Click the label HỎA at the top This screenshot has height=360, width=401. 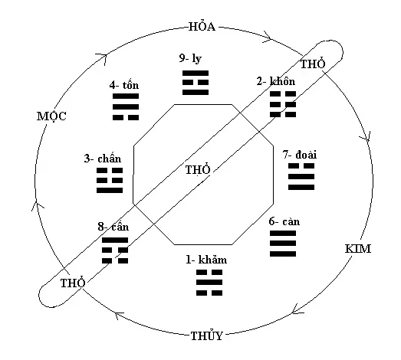[x=202, y=27]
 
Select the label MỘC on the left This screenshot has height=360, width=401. [x=51, y=116]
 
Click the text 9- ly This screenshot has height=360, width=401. [x=196, y=60]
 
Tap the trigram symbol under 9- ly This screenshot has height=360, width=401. [x=196, y=83]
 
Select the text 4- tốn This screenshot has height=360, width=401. [x=123, y=85]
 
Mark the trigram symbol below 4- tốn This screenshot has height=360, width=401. [x=125, y=108]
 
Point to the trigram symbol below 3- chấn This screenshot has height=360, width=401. [x=110, y=179]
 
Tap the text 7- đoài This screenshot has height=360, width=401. [x=299, y=155]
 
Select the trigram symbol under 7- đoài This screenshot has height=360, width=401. [x=301, y=176]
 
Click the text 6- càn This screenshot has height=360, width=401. [x=284, y=222]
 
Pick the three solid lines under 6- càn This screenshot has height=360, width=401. [x=282, y=243]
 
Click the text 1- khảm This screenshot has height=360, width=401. [x=206, y=260]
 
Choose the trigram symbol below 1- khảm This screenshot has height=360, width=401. [x=206, y=283]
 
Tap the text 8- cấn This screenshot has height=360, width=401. [x=113, y=227]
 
